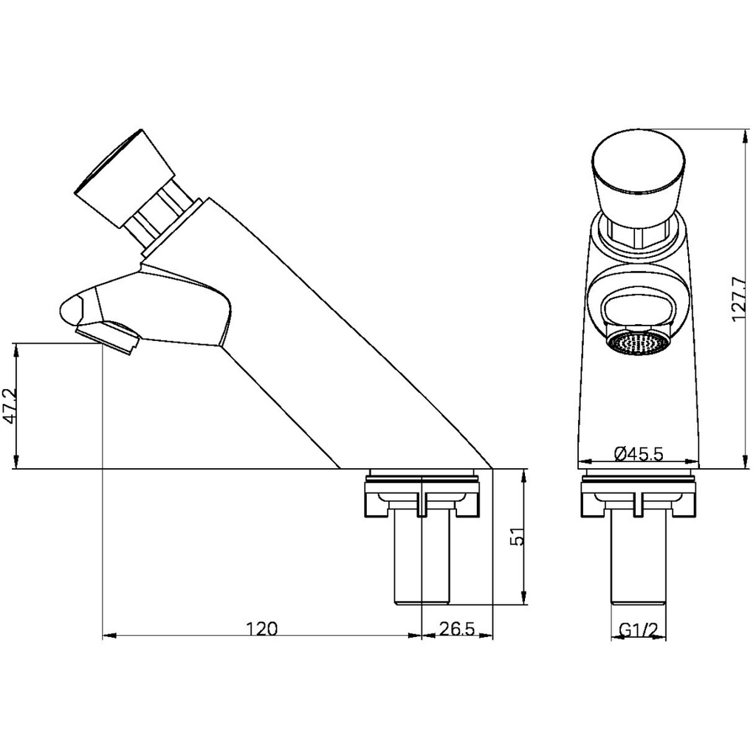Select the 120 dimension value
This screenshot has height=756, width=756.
coord(261,628)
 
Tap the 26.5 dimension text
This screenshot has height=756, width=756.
coord(456,628)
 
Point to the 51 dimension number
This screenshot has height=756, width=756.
coord(519,537)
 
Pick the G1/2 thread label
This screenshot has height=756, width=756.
coord(638,629)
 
